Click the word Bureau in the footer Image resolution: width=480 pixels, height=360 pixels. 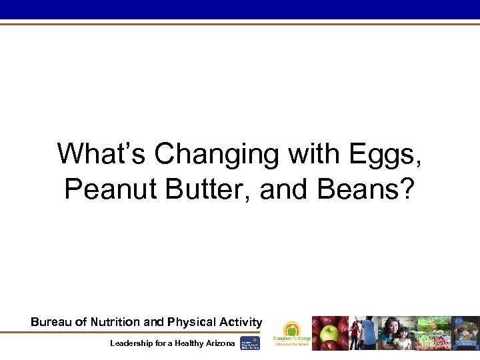(50, 322)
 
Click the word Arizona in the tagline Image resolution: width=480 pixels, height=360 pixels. (218, 343)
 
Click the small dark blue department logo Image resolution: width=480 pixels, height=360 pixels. (250, 343)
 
